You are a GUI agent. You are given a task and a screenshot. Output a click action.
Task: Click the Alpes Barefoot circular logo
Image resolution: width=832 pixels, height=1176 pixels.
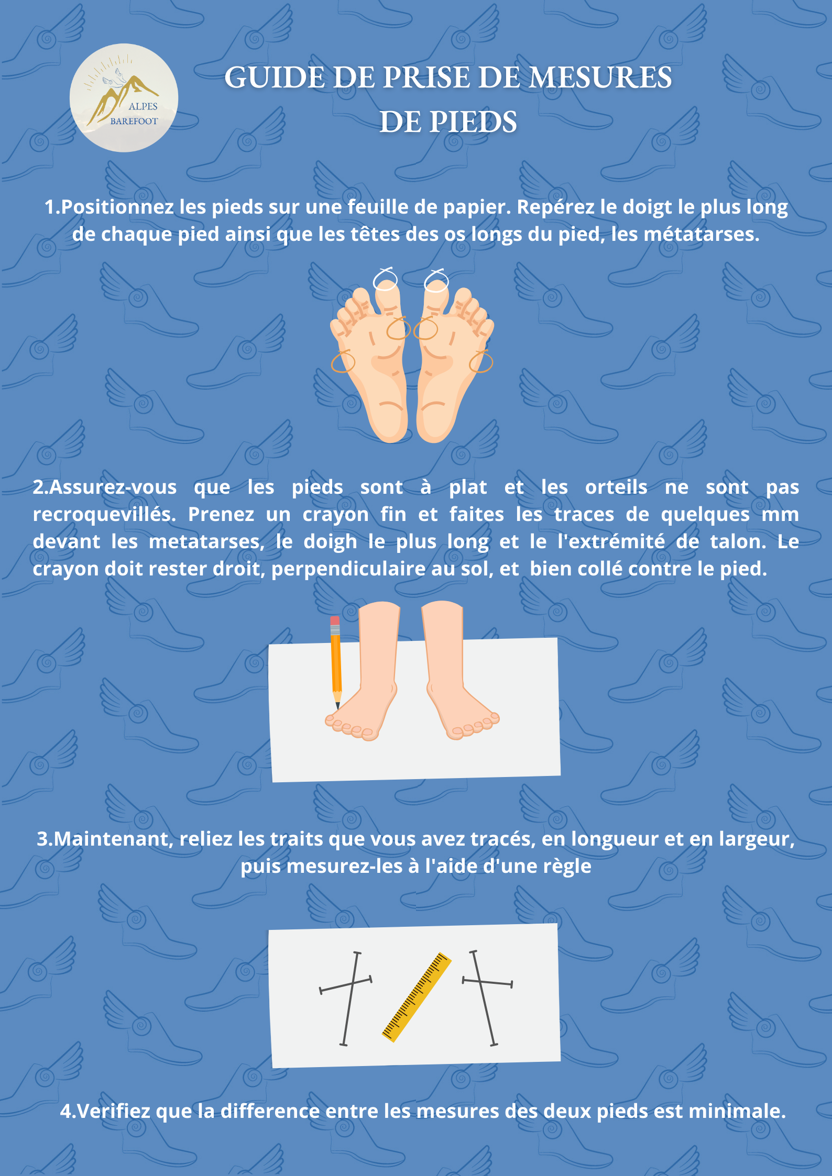(x=124, y=98)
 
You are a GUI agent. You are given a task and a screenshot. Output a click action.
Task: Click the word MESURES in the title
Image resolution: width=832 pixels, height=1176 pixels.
(x=600, y=77)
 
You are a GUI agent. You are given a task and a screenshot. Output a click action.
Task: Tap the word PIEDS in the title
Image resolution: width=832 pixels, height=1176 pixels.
(x=473, y=122)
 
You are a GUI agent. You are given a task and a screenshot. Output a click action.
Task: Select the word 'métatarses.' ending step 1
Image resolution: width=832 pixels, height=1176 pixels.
(x=702, y=234)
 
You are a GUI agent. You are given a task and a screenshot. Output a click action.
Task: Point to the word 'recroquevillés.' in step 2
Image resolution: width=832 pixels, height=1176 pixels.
(x=104, y=514)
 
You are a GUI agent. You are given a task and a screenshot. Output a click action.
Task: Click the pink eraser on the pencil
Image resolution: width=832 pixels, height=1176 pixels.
(x=335, y=620)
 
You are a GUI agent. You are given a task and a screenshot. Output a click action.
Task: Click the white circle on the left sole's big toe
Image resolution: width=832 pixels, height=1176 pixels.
(x=385, y=280)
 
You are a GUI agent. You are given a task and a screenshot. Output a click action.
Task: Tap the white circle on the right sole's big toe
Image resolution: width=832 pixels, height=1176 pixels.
(x=436, y=281)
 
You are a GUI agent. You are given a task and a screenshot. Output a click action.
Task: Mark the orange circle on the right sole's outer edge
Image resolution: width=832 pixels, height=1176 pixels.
(x=481, y=361)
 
